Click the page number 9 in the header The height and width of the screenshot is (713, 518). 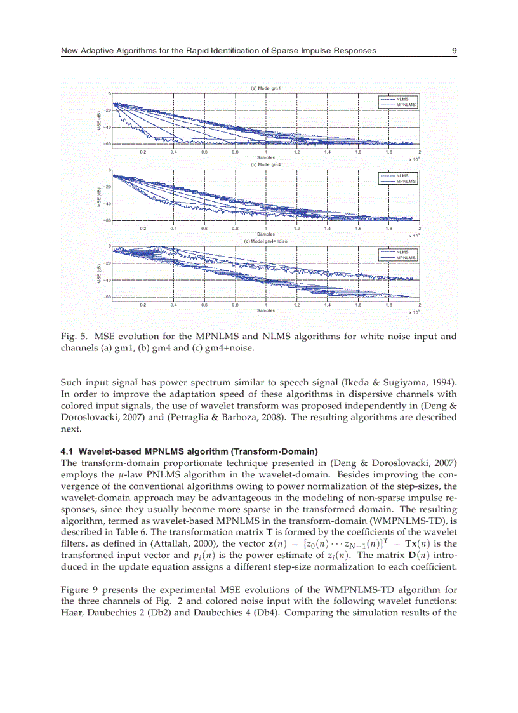point(455,50)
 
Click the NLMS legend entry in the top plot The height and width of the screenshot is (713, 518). point(402,99)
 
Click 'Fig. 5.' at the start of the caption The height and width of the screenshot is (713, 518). point(72,336)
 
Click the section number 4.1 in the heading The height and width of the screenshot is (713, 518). point(66,451)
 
